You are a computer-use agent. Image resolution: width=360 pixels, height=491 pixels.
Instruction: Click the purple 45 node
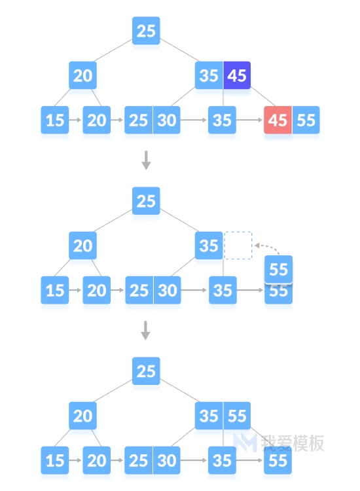[x=237, y=75]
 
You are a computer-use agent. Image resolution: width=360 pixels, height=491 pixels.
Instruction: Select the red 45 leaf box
[x=278, y=120]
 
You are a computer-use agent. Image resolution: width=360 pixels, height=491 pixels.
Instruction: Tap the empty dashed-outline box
[x=238, y=245]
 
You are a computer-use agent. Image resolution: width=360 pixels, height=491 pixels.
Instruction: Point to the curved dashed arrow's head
[x=257, y=245]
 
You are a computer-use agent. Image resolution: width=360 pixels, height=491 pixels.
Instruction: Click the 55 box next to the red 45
[x=306, y=120]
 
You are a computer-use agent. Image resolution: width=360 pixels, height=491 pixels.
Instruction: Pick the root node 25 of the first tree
[x=146, y=31]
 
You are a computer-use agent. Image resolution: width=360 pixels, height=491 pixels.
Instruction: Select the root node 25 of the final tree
[x=146, y=371]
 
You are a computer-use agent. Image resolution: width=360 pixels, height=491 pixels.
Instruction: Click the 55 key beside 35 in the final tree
[x=237, y=416]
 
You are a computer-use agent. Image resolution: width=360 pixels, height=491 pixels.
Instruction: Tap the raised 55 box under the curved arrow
[x=278, y=269]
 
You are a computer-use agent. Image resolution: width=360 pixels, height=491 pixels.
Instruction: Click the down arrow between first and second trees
[x=146, y=160]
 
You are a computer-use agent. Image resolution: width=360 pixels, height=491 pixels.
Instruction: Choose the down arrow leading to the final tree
[x=145, y=331]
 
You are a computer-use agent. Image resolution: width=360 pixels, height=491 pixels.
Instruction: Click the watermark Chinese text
[x=293, y=443]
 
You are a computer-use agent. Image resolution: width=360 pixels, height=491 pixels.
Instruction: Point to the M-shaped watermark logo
[x=245, y=443]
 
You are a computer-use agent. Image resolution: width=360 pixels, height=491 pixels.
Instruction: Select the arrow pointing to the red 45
[x=249, y=120]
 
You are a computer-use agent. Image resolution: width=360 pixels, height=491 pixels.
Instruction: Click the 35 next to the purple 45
[x=209, y=75]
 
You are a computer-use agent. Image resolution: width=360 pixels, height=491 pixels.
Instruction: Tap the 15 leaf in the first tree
[x=55, y=120]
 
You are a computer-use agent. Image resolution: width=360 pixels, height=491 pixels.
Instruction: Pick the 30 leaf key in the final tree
[x=167, y=460]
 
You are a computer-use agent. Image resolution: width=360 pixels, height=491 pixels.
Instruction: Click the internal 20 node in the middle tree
[x=82, y=245]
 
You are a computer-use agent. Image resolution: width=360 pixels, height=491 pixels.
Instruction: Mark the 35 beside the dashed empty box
[x=209, y=245]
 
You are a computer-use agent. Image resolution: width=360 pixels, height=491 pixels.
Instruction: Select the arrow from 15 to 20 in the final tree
[x=75, y=460]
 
